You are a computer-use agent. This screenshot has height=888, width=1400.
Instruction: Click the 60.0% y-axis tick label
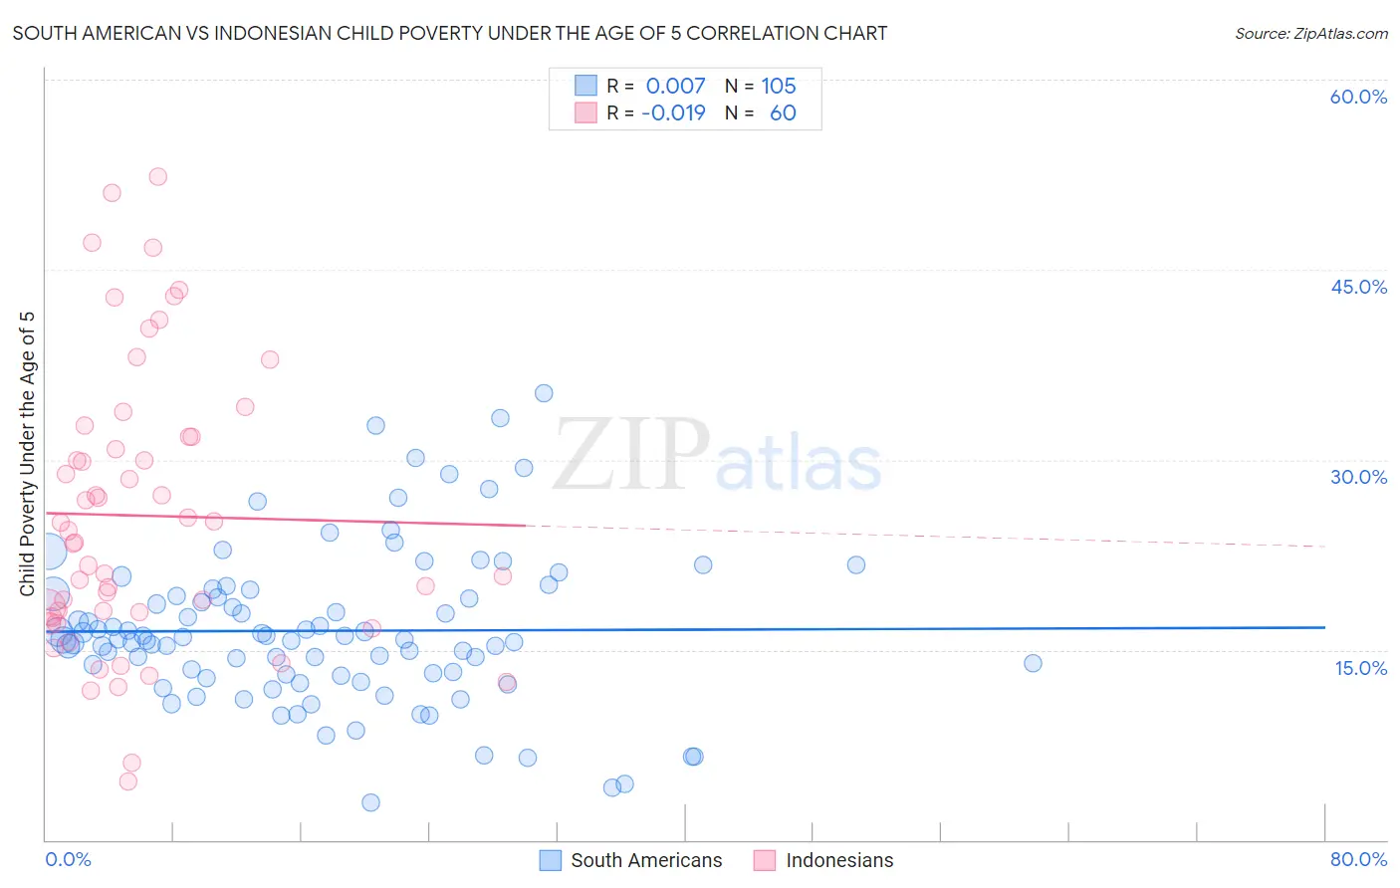coord(1358,97)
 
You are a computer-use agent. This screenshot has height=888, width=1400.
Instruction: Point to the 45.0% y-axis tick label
coord(1358,287)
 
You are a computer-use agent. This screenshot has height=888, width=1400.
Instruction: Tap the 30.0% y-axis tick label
coord(1358,477)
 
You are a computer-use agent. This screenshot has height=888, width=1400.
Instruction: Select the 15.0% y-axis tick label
coord(1360,667)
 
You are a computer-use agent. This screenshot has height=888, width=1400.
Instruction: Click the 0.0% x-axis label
coord(68,859)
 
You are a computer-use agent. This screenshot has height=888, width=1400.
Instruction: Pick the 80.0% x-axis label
coord(1358,859)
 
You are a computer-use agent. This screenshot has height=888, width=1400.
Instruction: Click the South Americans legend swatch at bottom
coord(551,860)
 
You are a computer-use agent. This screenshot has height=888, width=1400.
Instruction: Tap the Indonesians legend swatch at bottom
coord(765,860)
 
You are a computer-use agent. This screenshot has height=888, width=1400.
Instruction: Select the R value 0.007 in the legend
coord(675,86)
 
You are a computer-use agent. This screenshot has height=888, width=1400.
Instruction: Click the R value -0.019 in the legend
coord(673,112)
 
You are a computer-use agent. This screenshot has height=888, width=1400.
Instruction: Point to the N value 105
coord(779,86)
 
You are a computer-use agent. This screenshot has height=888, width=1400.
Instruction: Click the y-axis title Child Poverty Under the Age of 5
coord(27,453)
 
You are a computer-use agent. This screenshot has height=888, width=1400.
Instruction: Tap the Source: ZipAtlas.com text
coord(1310,33)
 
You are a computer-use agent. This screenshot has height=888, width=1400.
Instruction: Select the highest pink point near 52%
coord(157,176)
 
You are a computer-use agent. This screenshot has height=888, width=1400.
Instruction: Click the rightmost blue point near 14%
coord(1033,663)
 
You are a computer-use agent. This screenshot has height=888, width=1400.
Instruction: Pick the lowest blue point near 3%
coord(370,802)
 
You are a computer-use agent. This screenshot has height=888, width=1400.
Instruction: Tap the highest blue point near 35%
coord(544,393)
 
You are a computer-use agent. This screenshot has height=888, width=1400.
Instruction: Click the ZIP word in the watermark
coord(631,455)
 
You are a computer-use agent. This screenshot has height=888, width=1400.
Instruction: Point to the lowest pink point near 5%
coord(128,781)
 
